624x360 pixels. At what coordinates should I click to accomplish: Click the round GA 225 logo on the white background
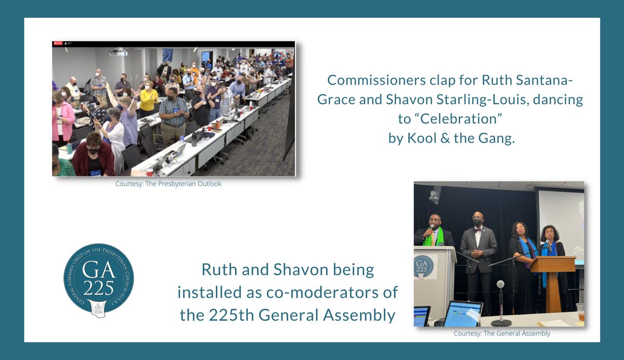pyautogui.click(x=98, y=279)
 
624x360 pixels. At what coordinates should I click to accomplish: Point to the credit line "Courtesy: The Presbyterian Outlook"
pyautogui.click(x=168, y=184)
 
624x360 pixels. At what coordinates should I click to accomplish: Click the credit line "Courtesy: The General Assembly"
pyautogui.click(x=502, y=333)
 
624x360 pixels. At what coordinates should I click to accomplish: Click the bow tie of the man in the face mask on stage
pyautogui.click(x=477, y=227)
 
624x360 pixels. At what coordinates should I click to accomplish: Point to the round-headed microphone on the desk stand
pyautogui.click(x=500, y=285)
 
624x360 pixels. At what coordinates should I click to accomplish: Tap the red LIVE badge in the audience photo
pyautogui.click(x=55, y=44)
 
